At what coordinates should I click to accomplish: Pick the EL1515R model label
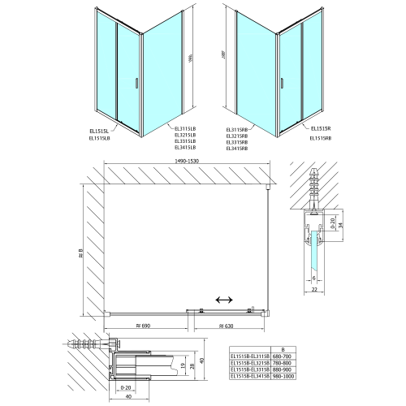coord(321,127)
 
